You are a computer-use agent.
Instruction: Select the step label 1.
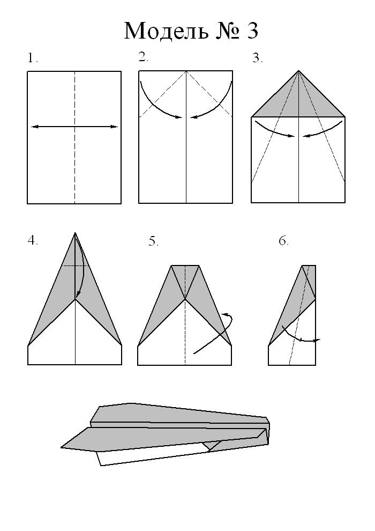point(33,58)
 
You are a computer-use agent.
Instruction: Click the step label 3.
point(258,58)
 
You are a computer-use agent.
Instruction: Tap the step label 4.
point(33,240)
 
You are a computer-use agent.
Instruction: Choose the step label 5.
point(154,241)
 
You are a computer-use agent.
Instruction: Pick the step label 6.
point(284,241)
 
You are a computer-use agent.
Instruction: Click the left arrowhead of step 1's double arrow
point(33,127)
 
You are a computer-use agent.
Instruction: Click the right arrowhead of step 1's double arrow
point(115,127)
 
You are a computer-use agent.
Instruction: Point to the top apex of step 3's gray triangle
point(298,70)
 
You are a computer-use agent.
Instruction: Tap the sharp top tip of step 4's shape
point(75,232)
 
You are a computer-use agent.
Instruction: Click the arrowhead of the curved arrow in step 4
point(78,295)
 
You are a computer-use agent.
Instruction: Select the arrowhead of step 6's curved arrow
point(317,340)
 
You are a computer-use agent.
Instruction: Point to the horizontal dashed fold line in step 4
point(75,265)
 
